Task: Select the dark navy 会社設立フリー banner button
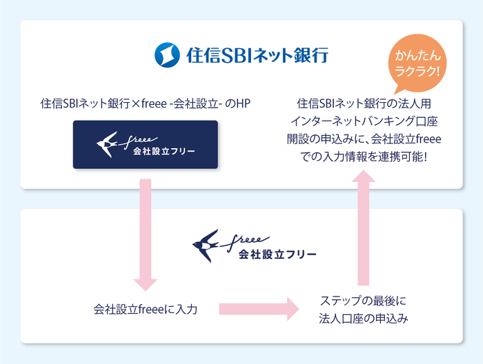(146, 145)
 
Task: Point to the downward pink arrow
(145, 234)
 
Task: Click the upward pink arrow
(365, 228)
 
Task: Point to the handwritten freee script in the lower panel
(259, 238)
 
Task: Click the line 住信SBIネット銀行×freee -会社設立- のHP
(146, 104)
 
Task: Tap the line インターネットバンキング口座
(365, 121)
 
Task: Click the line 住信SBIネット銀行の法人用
(365, 104)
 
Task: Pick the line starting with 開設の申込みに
(365, 139)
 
